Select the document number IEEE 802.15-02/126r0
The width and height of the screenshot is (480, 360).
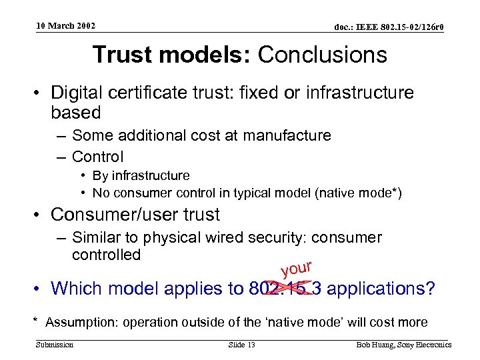tap(389, 27)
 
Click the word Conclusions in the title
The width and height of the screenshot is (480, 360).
tap(323, 55)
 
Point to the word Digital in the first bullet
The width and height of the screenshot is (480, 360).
tap(79, 93)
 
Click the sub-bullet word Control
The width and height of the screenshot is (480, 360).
tap(97, 157)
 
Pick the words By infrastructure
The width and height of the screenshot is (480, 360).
tap(141, 175)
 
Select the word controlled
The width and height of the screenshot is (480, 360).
tap(106, 255)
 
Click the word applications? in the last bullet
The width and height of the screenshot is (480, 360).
tap(381, 288)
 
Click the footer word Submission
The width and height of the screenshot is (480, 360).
tap(55, 345)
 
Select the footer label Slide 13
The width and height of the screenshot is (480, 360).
tap(242, 345)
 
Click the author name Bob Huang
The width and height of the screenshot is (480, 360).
tap(375, 345)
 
